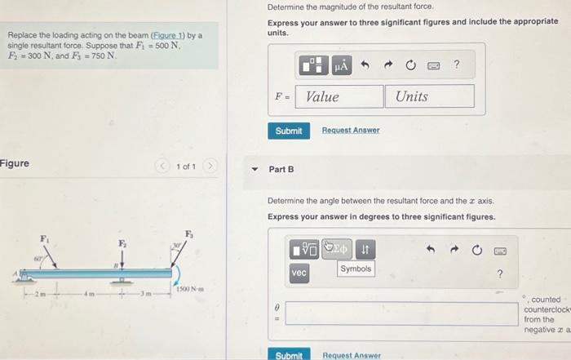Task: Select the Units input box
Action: pyautogui.click(x=429, y=96)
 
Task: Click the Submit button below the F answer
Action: pyautogui.click(x=288, y=131)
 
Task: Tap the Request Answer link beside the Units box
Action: pyautogui.click(x=351, y=131)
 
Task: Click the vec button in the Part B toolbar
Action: pyautogui.click(x=299, y=273)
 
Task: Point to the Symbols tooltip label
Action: pyautogui.click(x=356, y=269)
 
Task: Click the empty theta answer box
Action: pyautogui.click(x=401, y=313)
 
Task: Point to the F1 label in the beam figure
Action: pyautogui.click(x=45, y=238)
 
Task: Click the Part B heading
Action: pyautogui.click(x=281, y=169)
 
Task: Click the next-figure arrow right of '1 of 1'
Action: pyautogui.click(x=210, y=167)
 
